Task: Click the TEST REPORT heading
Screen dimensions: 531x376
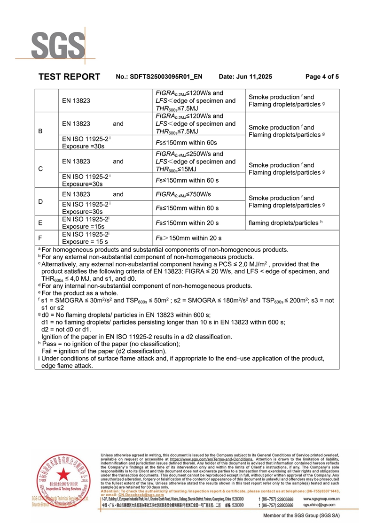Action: [69, 77]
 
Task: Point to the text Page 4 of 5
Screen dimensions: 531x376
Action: [322, 77]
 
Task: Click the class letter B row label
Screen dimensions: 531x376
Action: [40, 131]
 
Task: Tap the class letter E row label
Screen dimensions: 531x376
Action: [40, 223]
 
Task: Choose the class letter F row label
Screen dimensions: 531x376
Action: [40, 238]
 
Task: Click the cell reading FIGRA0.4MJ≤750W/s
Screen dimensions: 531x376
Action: [183, 194]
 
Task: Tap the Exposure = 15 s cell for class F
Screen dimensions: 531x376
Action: [83, 242]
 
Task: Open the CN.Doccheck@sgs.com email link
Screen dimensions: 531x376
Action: [141, 494]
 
